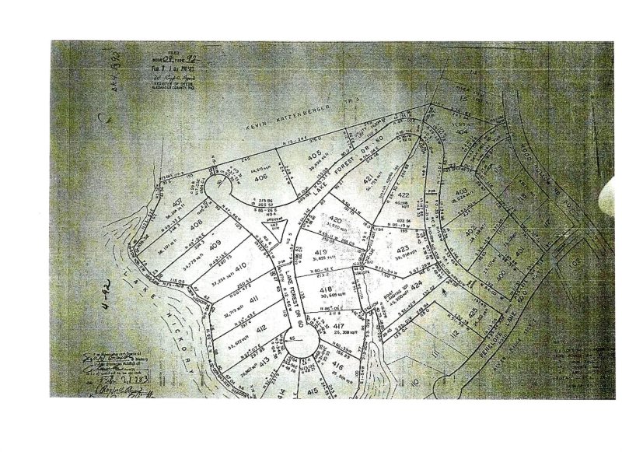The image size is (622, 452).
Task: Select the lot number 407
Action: [x=178, y=205]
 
